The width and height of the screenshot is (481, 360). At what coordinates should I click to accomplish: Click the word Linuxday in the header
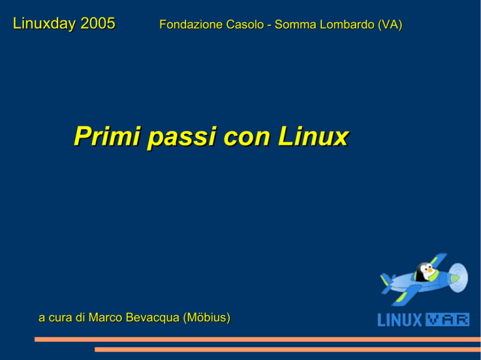[x=44, y=24]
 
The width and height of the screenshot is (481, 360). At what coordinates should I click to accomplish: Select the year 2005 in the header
[x=98, y=23]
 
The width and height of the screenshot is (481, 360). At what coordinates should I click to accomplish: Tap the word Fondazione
[x=192, y=24]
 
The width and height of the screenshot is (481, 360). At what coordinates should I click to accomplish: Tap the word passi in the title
[x=182, y=137]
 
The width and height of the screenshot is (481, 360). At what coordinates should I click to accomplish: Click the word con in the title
[x=247, y=138]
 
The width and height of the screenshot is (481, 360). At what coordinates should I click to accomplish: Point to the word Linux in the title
[x=314, y=136]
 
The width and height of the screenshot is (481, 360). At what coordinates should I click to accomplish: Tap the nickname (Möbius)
[x=207, y=318]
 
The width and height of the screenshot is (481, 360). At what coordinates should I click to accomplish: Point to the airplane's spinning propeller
[x=458, y=277]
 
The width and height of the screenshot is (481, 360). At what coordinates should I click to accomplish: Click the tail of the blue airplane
[x=387, y=283]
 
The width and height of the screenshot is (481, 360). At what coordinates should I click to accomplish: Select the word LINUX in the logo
[x=400, y=320]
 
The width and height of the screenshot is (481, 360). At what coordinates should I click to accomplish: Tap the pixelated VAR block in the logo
[x=448, y=320]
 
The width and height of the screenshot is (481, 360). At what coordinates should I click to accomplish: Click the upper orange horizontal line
[x=257, y=339]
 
